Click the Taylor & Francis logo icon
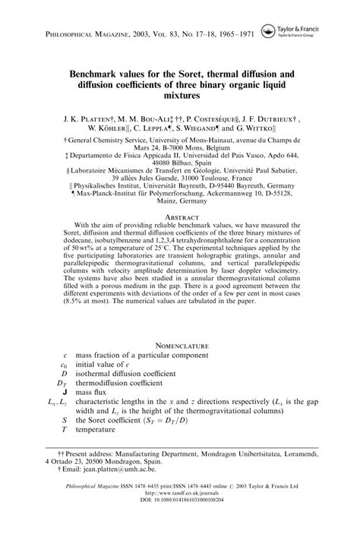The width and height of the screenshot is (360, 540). [x=268, y=30]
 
